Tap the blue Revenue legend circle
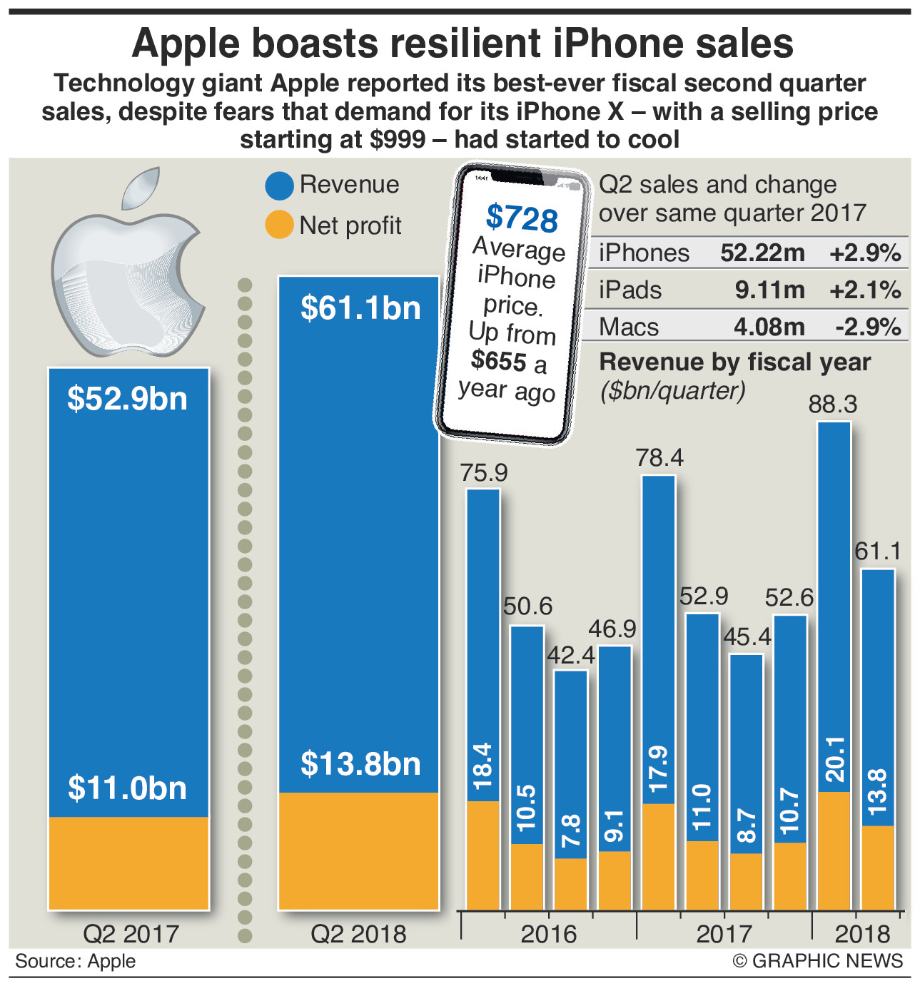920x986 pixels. pyautogui.click(x=279, y=185)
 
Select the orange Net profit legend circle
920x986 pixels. pyautogui.click(x=279, y=225)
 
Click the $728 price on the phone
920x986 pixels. pyautogui.click(x=522, y=218)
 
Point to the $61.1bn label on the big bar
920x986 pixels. pyautogui.click(x=360, y=308)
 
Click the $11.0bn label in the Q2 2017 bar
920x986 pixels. pyautogui.click(x=128, y=788)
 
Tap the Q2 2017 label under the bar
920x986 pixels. pyautogui.click(x=131, y=934)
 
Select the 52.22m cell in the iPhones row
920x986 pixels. pyautogui.click(x=762, y=253)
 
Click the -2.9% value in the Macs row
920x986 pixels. pyautogui.click(x=868, y=327)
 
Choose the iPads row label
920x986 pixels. pyautogui.click(x=630, y=290)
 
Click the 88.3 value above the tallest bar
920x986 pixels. pyautogui.click(x=832, y=405)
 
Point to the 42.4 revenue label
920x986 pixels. pyautogui.click(x=571, y=655)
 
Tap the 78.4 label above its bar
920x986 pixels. pyautogui.click(x=659, y=457)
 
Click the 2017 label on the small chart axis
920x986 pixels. pyautogui.click(x=724, y=934)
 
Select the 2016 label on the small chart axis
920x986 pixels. pyautogui.click(x=548, y=934)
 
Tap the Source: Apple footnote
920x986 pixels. pyautogui.click(x=75, y=962)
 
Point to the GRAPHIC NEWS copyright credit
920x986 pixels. pyautogui.click(x=818, y=962)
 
